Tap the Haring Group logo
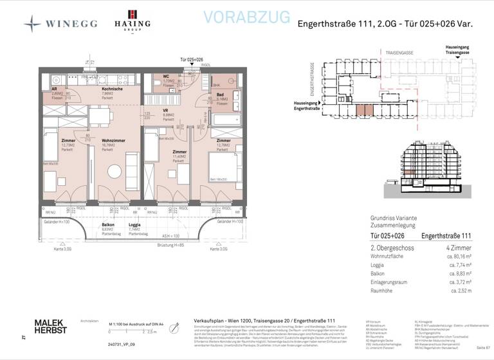tap(133, 21)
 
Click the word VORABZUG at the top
tap(246, 17)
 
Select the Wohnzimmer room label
tap(113, 143)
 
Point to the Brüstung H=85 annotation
tap(170, 244)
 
